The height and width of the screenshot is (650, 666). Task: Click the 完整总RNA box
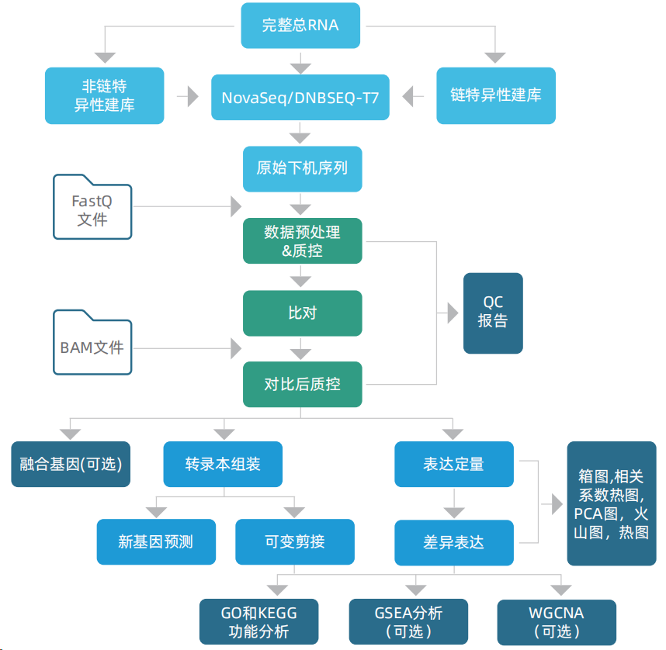coord(300,25)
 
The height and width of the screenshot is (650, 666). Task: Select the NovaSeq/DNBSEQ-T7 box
coord(300,97)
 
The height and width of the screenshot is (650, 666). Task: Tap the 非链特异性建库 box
coord(104,95)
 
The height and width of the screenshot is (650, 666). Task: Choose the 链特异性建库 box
coord(495,95)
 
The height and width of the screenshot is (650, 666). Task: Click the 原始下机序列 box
coord(302,168)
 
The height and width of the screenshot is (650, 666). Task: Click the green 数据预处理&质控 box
coord(302,240)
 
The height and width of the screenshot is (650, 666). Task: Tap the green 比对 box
coord(302,313)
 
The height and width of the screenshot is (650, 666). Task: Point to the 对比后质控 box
coord(302,384)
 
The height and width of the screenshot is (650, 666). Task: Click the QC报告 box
coord(493,313)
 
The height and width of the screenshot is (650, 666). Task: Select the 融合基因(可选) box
coord(71,464)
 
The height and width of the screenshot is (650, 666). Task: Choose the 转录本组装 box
coord(223,464)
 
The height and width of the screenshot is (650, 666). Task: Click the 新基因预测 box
coord(155,541)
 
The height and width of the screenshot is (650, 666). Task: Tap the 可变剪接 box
coord(294,541)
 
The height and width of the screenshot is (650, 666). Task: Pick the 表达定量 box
coord(453,464)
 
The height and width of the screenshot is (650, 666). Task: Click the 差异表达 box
coord(453,542)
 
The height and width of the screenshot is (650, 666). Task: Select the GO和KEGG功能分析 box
coord(258,621)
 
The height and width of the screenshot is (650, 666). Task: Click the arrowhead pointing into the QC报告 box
coord(451,313)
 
